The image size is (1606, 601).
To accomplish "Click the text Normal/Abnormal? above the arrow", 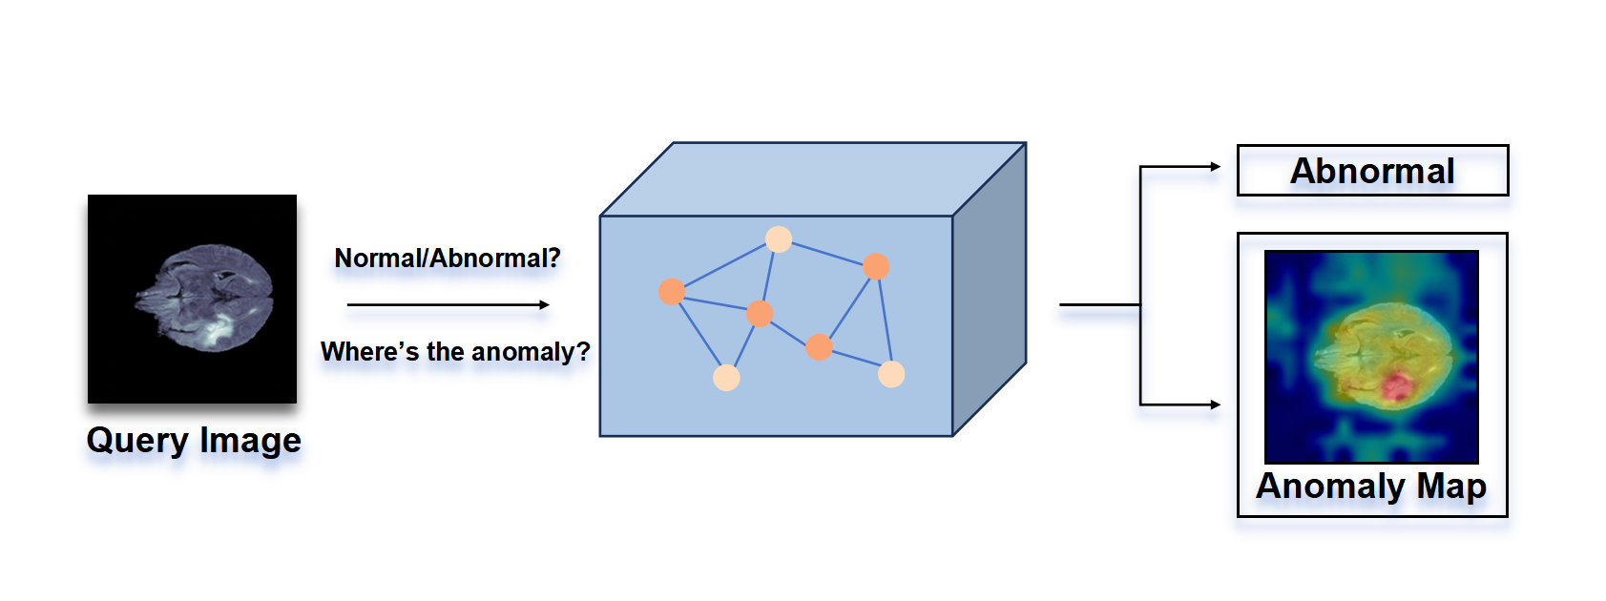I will click(x=447, y=259).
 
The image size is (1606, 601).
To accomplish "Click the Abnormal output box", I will click(x=1371, y=171).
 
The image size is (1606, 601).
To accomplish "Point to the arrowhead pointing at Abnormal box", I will click(x=1216, y=167).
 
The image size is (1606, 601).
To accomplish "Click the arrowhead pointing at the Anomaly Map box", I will click(x=1216, y=404).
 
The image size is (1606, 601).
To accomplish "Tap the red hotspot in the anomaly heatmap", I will click(x=1397, y=386).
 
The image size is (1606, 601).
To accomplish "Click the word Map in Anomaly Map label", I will click(x=1450, y=487).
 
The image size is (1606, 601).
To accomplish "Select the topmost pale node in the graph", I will click(x=779, y=239).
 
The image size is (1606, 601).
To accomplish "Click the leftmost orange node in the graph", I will click(x=672, y=292).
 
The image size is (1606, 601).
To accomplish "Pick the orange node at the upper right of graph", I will click(x=876, y=266).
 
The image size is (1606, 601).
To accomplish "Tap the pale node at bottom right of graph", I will click(x=891, y=374).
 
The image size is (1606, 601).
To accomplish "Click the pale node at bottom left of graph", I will click(x=726, y=378).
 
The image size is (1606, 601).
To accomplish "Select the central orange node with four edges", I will click(x=760, y=313).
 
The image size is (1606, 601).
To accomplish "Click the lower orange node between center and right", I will click(x=819, y=346).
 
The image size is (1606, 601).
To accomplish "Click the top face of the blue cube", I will click(x=811, y=179).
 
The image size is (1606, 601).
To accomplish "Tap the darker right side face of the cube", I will click(x=990, y=286).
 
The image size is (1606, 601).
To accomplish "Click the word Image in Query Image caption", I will click(x=250, y=441).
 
